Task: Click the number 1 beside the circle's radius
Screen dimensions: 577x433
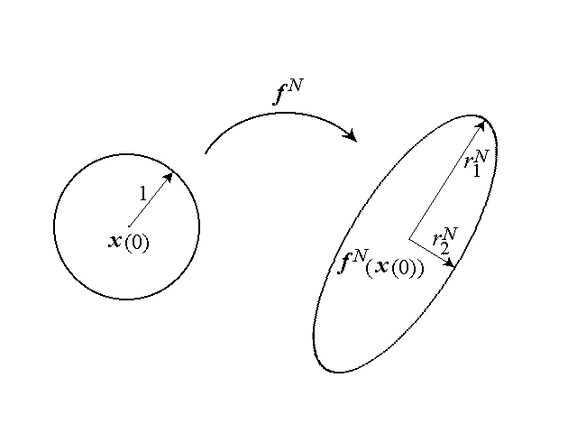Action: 143,193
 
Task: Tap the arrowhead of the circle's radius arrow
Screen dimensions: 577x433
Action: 169,178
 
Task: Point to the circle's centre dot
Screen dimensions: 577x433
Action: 129,226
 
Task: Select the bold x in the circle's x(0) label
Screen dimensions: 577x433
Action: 115,241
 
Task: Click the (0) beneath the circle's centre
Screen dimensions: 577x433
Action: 137,243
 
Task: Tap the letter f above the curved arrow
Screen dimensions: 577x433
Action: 279,96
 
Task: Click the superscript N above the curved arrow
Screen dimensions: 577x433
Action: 297,87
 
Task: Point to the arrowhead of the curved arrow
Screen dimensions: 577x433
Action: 351,135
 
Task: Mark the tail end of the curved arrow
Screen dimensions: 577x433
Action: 206,152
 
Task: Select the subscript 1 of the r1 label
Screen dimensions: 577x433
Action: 476,171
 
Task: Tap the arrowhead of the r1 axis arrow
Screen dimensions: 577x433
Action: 481,126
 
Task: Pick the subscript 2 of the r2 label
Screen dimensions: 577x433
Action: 444,249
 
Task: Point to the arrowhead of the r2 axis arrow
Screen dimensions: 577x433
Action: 450,263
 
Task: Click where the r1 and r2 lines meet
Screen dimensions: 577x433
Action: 409,239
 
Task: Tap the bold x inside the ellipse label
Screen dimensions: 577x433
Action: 381,266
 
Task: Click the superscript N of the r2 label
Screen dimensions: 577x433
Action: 450,234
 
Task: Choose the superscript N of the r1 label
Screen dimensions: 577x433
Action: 481,156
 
